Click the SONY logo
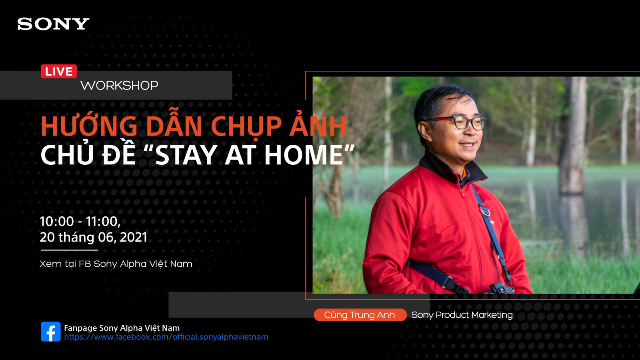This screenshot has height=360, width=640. tap(53, 24)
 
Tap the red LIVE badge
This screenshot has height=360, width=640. tap(59, 72)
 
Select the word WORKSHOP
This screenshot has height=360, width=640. tap(119, 86)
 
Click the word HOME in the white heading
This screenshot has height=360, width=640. tap(303, 155)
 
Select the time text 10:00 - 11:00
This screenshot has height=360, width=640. tap(80, 222)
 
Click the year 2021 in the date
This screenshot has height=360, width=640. tap(134, 237)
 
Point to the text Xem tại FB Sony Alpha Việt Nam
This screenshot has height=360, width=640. tap(116, 264)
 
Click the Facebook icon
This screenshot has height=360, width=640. tap(50, 332)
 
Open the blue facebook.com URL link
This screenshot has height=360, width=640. tap(166, 337)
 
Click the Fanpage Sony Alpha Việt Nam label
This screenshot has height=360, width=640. tap(122, 328)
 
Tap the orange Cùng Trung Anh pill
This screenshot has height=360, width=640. tap(360, 315)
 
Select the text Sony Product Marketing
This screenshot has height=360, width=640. tap(462, 315)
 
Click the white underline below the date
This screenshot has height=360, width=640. tap(70, 250)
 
